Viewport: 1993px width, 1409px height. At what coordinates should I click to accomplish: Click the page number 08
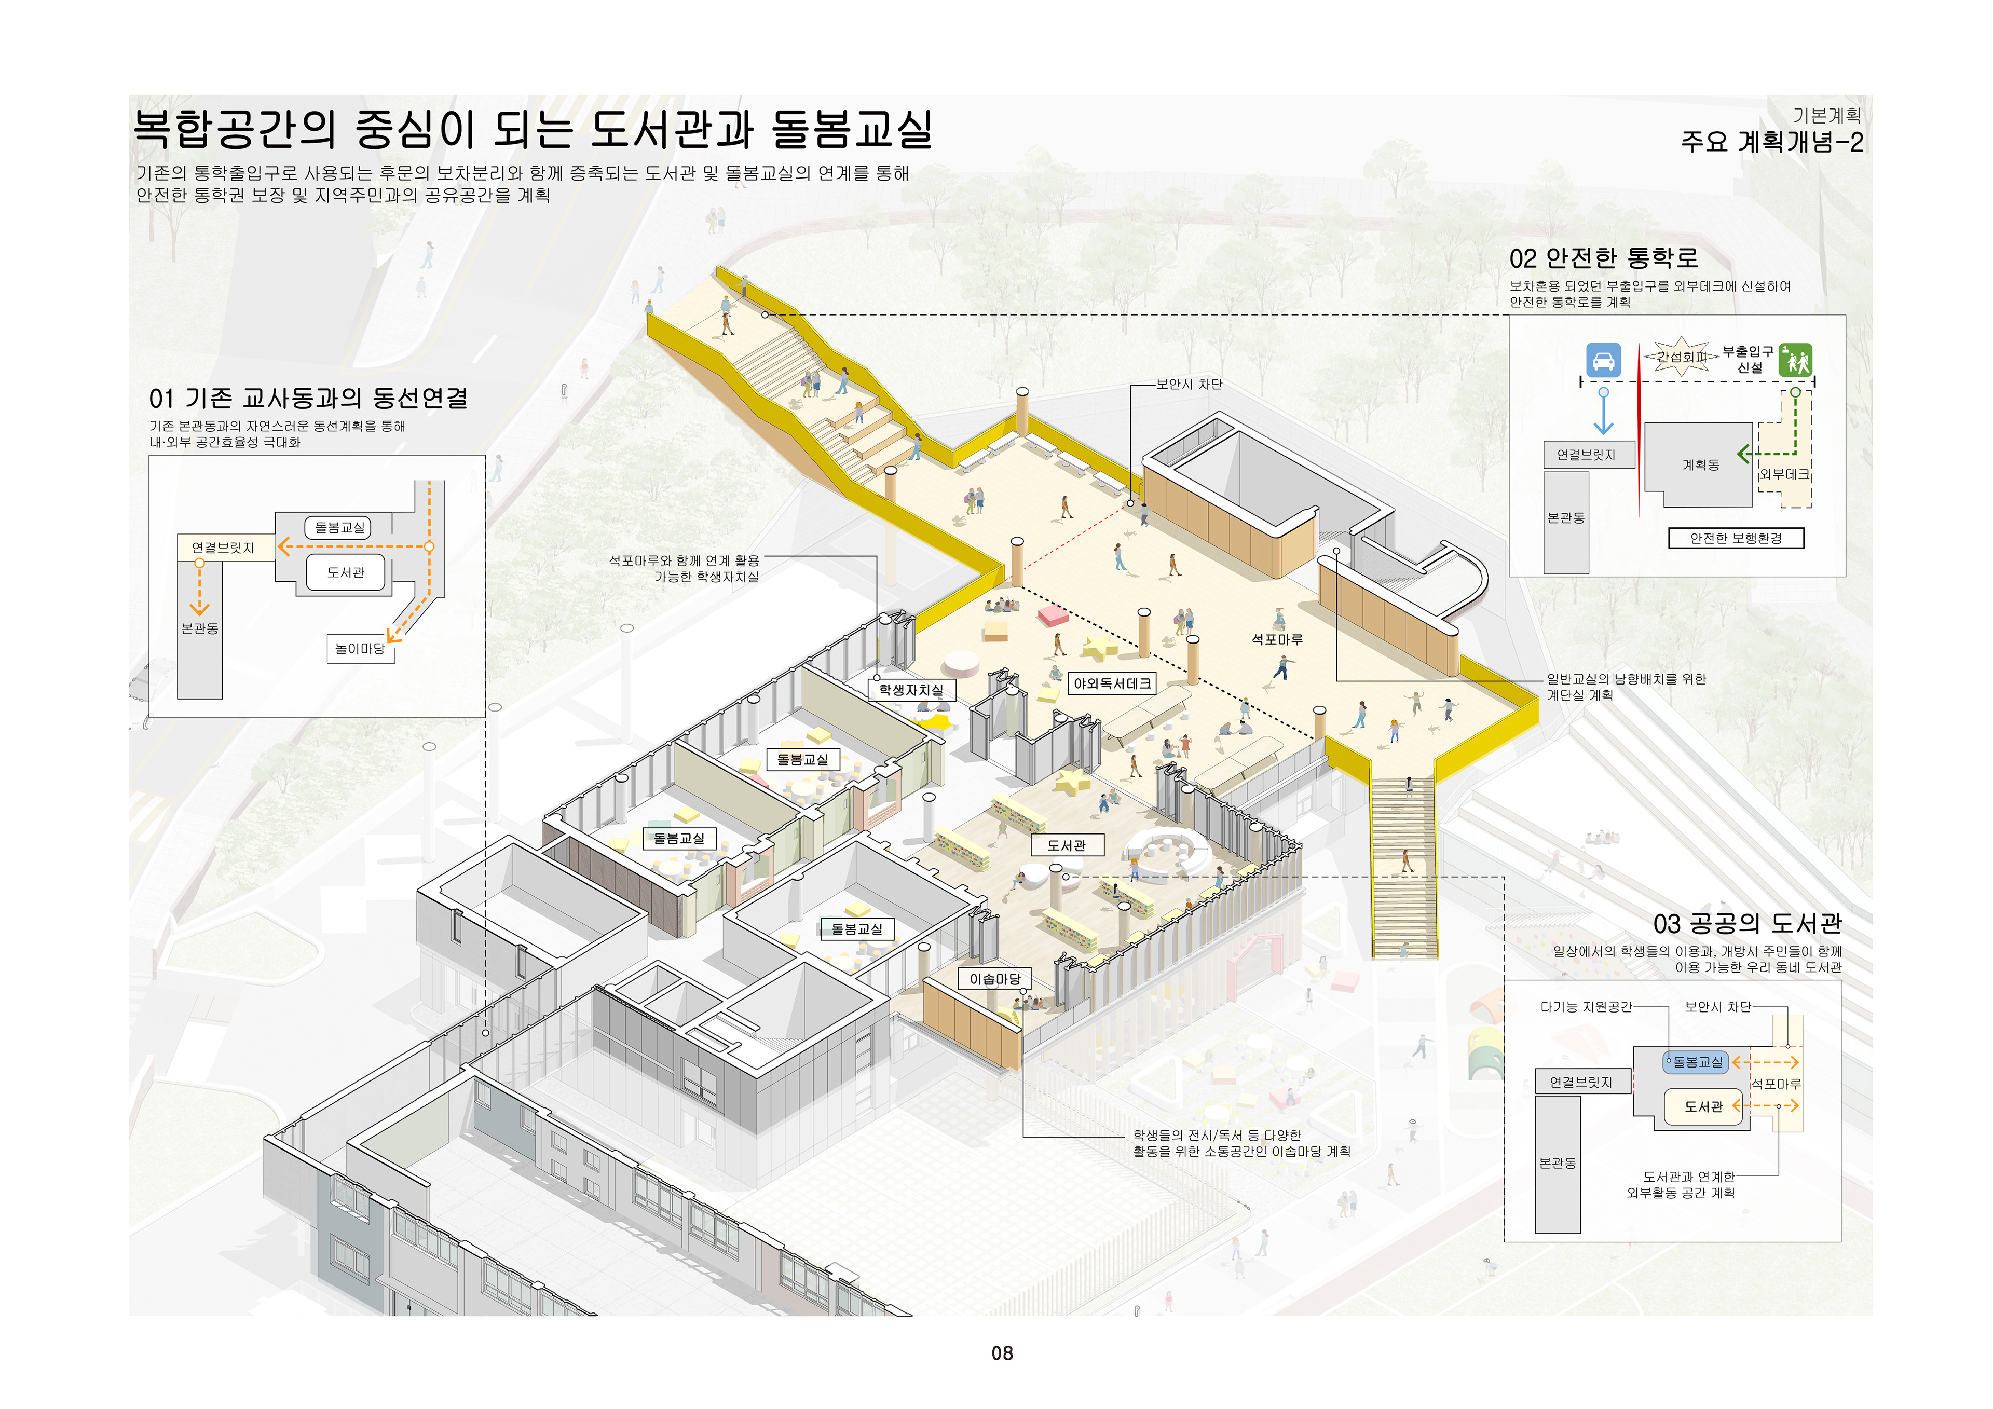pos(1002,1352)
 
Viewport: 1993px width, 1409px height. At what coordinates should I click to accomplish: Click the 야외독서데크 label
pos(1112,683)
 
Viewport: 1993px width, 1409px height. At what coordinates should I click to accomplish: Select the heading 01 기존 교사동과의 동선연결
pos(308,399)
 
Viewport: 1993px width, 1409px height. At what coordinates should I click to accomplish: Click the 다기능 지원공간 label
pos(1585,1007)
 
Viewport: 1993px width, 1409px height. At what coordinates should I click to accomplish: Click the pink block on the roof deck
pos(1053,615)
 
